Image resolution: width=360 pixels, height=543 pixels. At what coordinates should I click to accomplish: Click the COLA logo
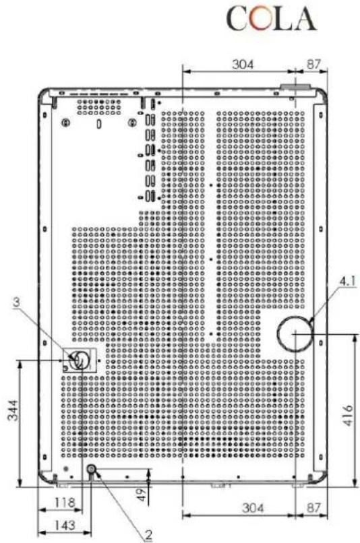point(272,19)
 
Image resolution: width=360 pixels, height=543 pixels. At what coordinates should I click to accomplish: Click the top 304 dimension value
point(243,64)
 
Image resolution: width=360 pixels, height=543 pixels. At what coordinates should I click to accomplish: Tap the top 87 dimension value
point(313,64)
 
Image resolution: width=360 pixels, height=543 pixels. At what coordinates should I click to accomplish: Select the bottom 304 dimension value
point(253,508)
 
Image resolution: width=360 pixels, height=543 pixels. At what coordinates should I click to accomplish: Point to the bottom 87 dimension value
point(314,508)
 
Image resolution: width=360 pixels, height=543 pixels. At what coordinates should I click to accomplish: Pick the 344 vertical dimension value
point(13,410)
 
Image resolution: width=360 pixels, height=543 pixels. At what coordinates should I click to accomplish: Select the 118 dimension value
point(65,502)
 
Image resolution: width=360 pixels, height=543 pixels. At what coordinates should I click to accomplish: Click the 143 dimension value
point(65,525)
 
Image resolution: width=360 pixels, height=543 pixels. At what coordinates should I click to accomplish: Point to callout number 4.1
point(347,281)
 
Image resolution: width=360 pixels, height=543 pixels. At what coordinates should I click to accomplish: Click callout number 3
point(16,302)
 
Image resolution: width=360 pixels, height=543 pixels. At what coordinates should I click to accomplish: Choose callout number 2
point(148,535)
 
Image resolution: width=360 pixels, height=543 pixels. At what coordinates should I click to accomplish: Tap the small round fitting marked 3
point(79,360)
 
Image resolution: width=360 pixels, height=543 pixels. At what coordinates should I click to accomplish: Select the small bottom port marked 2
point(92,470)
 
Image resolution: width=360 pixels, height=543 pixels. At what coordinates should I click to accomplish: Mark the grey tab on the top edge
point(295,87)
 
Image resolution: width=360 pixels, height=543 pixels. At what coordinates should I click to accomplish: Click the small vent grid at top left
point(99,107)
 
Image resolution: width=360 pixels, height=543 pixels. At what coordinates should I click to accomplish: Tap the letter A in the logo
point(304,19)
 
